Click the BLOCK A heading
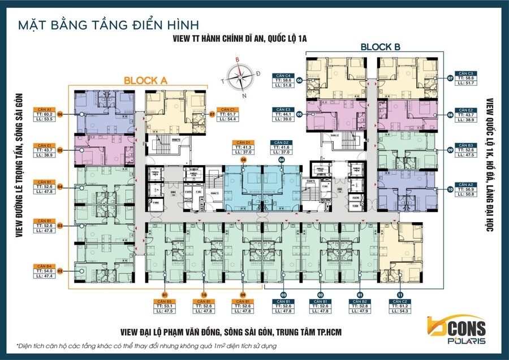[x=145, y=81]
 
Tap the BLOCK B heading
[x=380, y=47]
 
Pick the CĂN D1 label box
[x=243, y=148]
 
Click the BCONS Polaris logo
[x=452, y=329]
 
